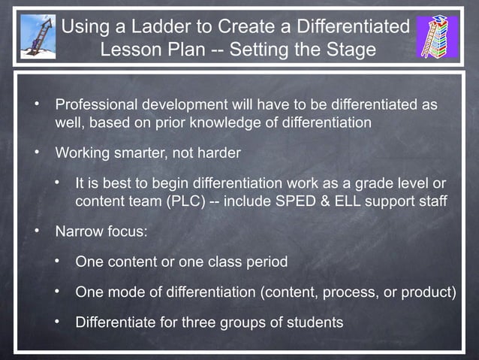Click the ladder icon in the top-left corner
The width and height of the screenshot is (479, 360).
38,37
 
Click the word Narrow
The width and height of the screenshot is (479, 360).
77,231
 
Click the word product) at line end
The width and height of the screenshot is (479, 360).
429,292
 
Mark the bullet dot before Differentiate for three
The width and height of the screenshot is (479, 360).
56,322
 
